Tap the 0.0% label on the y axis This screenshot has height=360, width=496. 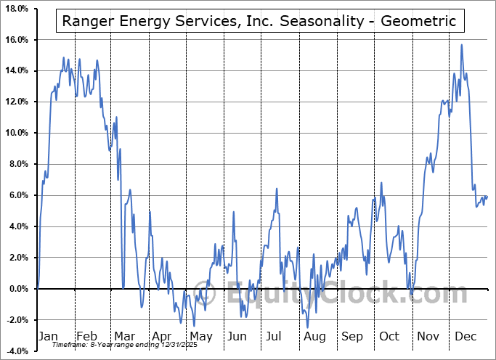tap(17, 289)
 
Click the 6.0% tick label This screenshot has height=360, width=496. tap(17, 195)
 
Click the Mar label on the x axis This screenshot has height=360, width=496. tap(125, 336)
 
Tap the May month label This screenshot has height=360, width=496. tap(200, 336)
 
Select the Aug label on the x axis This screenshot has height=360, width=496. tap(314, 336)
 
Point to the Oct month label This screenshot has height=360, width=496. tap(390, 336)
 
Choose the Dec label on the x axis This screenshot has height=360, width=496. tap(465, 336)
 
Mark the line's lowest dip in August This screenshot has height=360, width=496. tap(308, 327)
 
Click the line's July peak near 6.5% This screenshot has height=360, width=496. tap(277, 189)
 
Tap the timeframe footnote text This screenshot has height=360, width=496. tap(130, 344)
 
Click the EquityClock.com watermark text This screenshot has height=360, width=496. tap(349, 294)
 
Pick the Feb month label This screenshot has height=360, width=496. tap(86, 336)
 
